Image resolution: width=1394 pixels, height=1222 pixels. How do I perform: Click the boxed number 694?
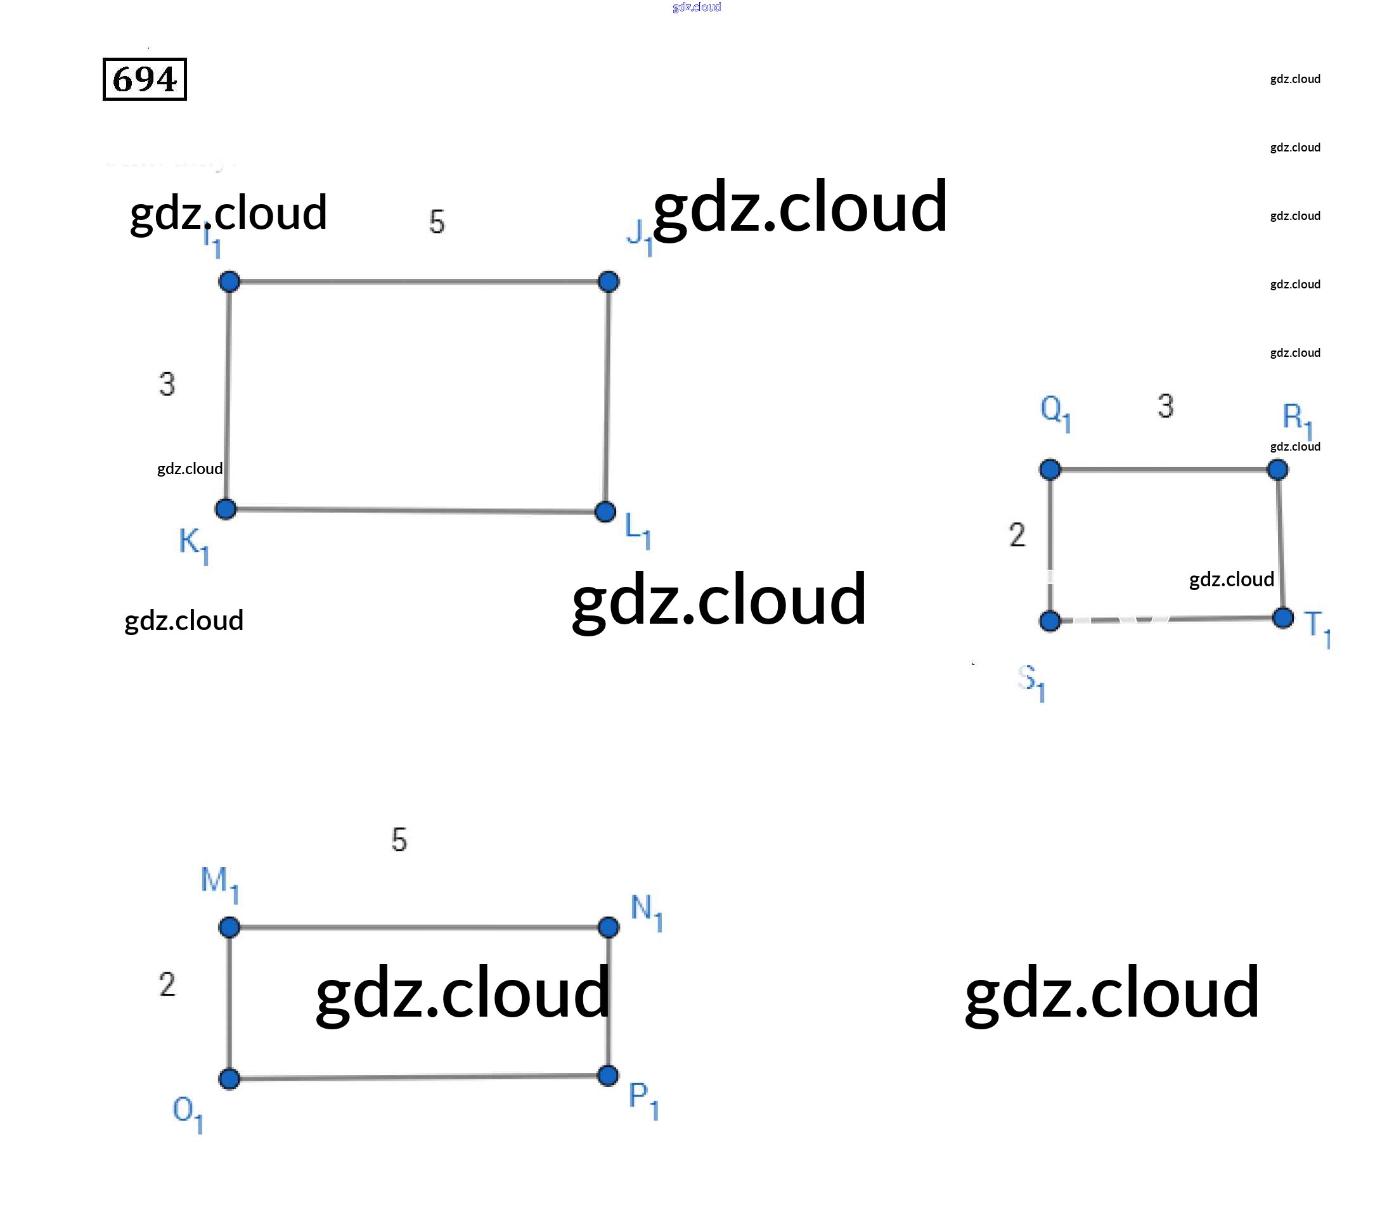[145, 79]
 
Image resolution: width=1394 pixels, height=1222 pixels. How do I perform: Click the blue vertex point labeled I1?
[229, 281]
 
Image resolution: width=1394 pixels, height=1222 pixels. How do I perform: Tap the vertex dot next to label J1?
[609, 281]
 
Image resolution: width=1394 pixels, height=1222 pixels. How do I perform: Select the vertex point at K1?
[226, 509]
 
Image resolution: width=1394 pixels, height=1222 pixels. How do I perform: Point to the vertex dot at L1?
[605, 511]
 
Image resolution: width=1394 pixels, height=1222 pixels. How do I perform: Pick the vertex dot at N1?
[609, 927]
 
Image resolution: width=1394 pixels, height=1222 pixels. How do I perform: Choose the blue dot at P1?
[608, 1076]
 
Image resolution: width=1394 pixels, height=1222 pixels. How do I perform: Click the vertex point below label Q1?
[1050, 469]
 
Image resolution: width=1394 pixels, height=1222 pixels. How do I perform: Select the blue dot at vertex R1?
[1278, 469]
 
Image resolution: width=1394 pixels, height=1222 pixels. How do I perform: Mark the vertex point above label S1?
[1050, 621]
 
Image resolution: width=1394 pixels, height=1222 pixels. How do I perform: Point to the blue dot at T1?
[1283, 618]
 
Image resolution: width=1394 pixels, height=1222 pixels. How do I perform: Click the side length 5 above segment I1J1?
[437, 222]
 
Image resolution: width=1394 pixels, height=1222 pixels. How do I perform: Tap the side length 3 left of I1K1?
[167, 384]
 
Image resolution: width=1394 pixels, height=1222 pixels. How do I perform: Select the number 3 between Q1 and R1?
[1166, 406]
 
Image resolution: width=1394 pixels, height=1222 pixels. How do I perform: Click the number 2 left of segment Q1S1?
[1017, 535]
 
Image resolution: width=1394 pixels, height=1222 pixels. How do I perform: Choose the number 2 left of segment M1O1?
[167, 985]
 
